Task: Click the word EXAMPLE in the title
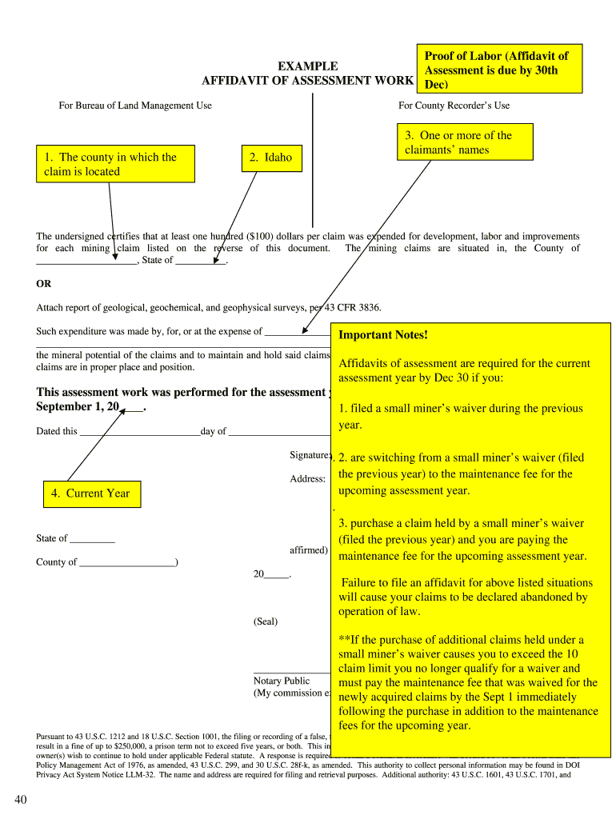(307, 66)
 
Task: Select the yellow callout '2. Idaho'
(267, 158)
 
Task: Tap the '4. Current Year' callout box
(91, 493)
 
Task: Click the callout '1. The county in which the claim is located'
(115, 164)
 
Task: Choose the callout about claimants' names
(465, 142)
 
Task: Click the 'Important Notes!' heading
(383, 335)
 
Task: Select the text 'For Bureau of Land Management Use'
(135, 106)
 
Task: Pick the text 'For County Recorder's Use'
(454, 106)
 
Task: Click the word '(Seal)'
(266, 621)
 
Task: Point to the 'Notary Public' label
(282, 681)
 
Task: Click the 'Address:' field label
(307, 479)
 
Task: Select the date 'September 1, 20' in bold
(78, 407)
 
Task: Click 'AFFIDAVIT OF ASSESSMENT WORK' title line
(308, 81)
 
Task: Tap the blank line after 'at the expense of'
(296, 332)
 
